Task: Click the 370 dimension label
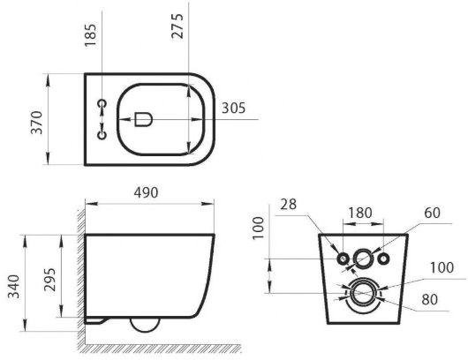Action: (37, 123)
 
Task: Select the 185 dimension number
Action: (91, 35)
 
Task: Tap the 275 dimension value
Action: (177, 26)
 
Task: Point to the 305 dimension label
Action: (233, 108)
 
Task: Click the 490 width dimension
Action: (146, 192)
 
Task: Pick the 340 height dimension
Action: (14, 287)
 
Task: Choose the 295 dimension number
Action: (49, 280)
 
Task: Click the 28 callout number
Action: (289, 205)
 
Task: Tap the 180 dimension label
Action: (360, 213)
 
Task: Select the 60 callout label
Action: (432, 213)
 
